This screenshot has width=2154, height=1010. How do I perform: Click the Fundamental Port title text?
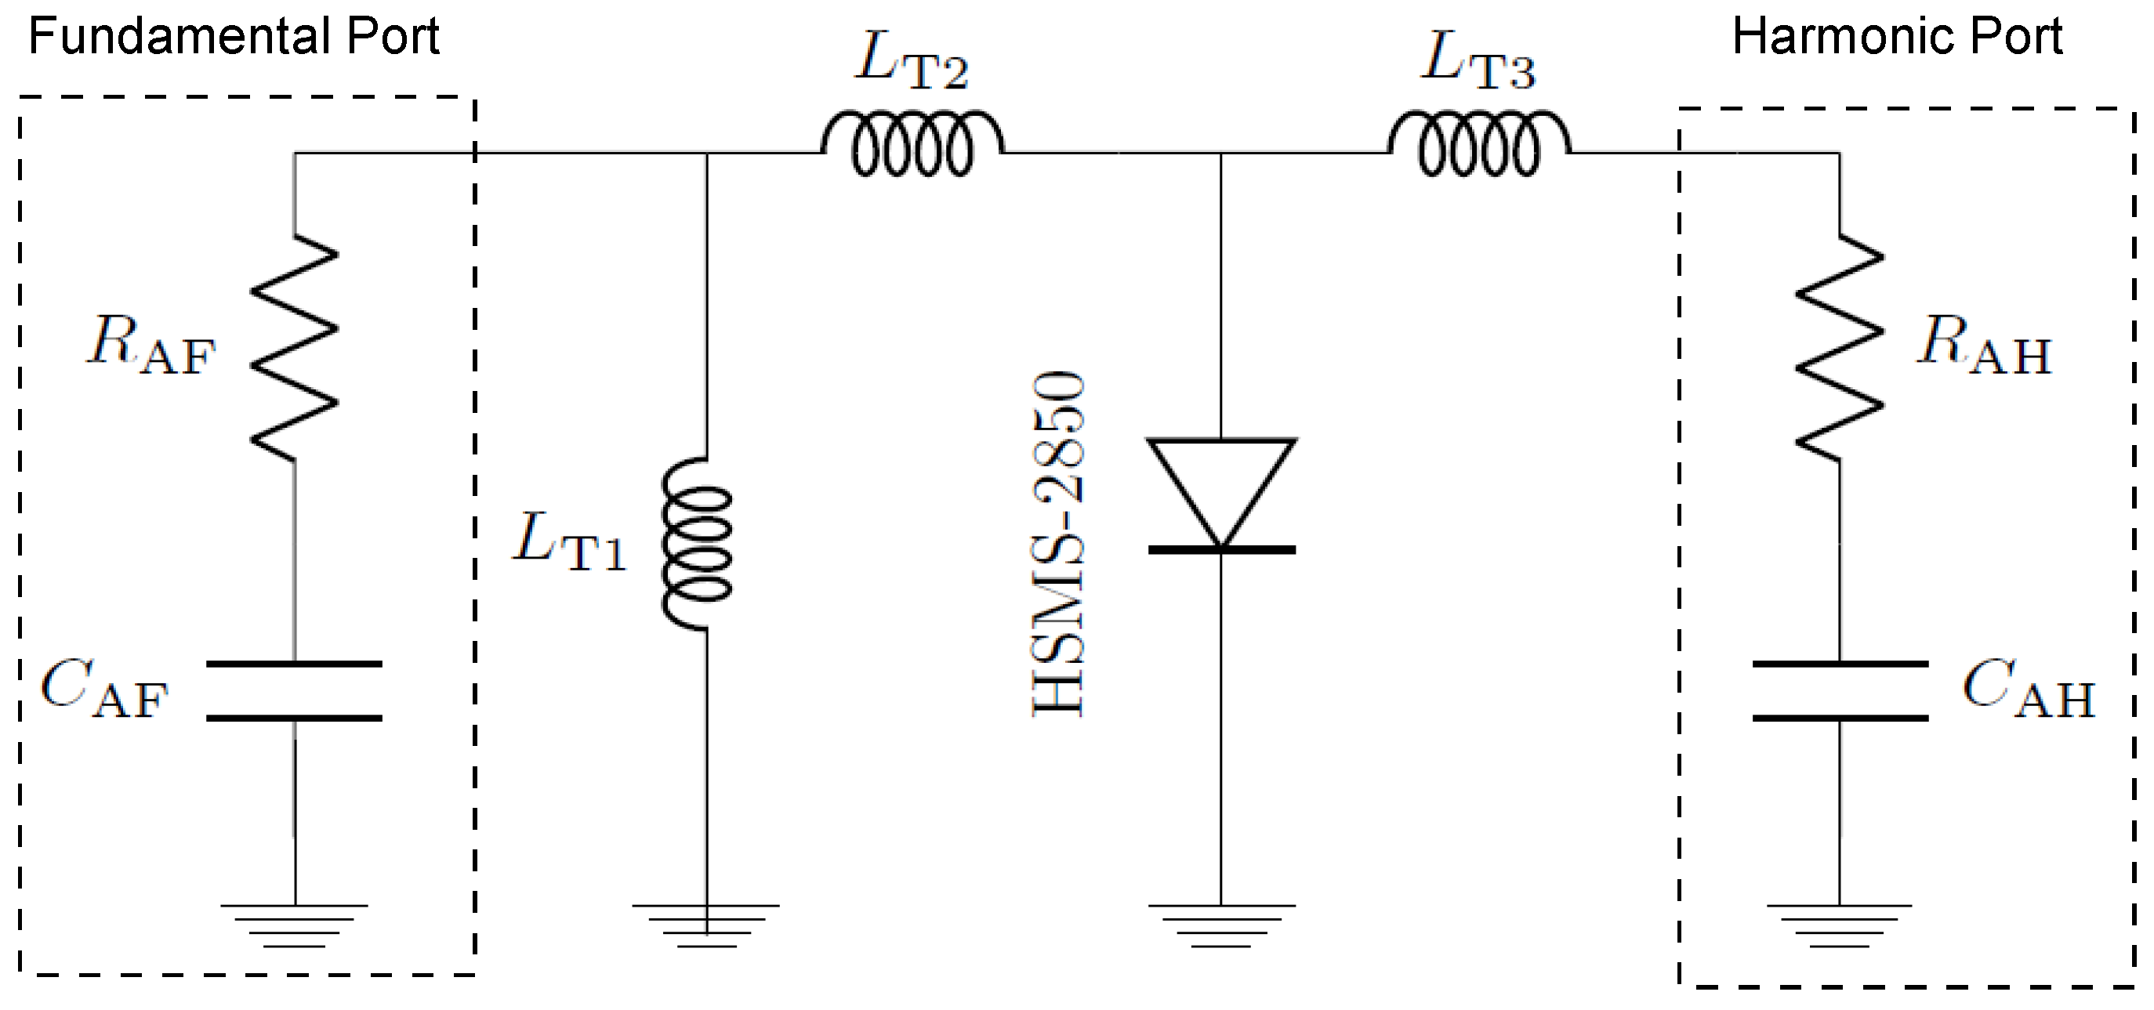click(234, 37)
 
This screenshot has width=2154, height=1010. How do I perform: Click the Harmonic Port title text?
click(1896, 37)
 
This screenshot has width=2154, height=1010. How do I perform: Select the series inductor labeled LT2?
click(912, 146)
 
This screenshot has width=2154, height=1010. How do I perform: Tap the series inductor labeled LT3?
click(1479, 146)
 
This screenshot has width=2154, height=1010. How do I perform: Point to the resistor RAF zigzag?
click(295, 348)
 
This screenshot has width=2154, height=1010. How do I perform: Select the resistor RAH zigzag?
click(1839, 348)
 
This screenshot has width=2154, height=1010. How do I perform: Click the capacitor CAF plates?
click(295, 690)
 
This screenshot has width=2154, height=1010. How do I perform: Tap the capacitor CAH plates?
click(1840, 690)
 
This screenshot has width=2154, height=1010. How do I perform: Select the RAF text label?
click(150, 346)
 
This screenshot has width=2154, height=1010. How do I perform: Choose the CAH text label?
click(2028, 690)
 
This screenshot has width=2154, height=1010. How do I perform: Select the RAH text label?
click(1983, 346)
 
